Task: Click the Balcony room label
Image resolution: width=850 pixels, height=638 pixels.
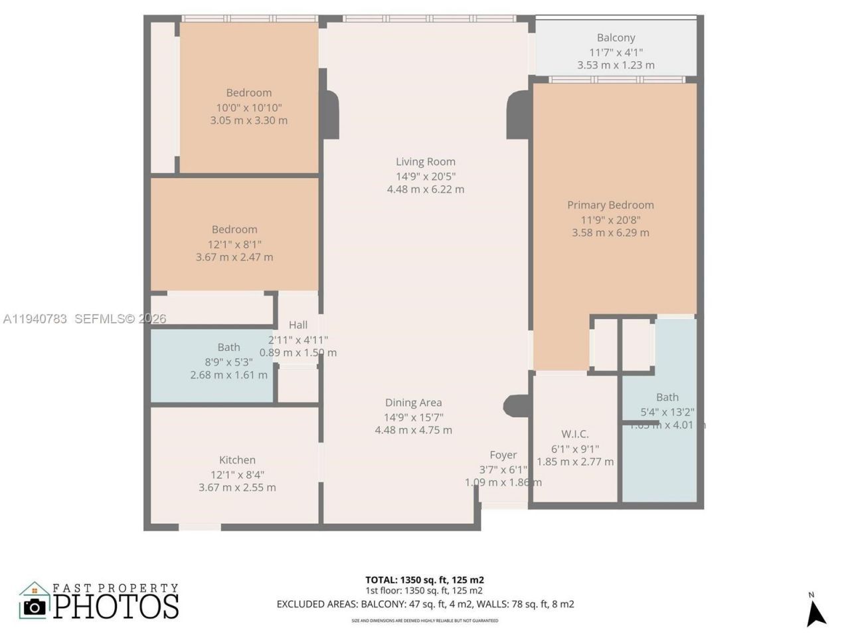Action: pos(616,38)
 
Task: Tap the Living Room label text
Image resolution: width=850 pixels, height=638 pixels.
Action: pos(426,161)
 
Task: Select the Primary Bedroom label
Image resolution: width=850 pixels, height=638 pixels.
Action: pos(610,205)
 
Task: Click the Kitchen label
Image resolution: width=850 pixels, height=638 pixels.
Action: pos(237,460)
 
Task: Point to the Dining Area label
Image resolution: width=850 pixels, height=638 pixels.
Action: pos(413,403)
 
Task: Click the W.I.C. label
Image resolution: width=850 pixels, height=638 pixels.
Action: pos(575,434)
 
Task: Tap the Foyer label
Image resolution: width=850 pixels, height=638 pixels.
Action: pos(503,455)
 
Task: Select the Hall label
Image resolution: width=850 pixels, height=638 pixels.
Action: pos(298,325)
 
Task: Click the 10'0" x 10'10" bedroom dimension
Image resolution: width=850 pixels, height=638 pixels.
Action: pos(249,108)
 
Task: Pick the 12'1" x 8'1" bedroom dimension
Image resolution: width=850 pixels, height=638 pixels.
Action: pos(234,245)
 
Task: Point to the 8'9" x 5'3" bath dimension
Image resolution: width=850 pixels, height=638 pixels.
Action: pos(228,362)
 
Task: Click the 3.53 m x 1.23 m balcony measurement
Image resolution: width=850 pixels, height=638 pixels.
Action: pos(616,65)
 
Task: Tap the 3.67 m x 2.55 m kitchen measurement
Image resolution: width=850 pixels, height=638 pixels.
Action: pos(237,488)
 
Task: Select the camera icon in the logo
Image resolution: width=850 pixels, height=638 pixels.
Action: pos(35,606)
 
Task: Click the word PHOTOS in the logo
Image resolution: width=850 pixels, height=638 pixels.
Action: pos(116,606)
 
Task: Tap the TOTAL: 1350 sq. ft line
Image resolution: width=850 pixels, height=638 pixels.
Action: pos(424,580)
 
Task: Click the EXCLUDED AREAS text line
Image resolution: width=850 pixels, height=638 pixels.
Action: pos(425,604)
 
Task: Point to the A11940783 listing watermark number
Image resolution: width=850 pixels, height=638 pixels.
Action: pos(35,319)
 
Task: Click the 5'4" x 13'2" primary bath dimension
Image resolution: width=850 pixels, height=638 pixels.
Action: pos(667,412)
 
